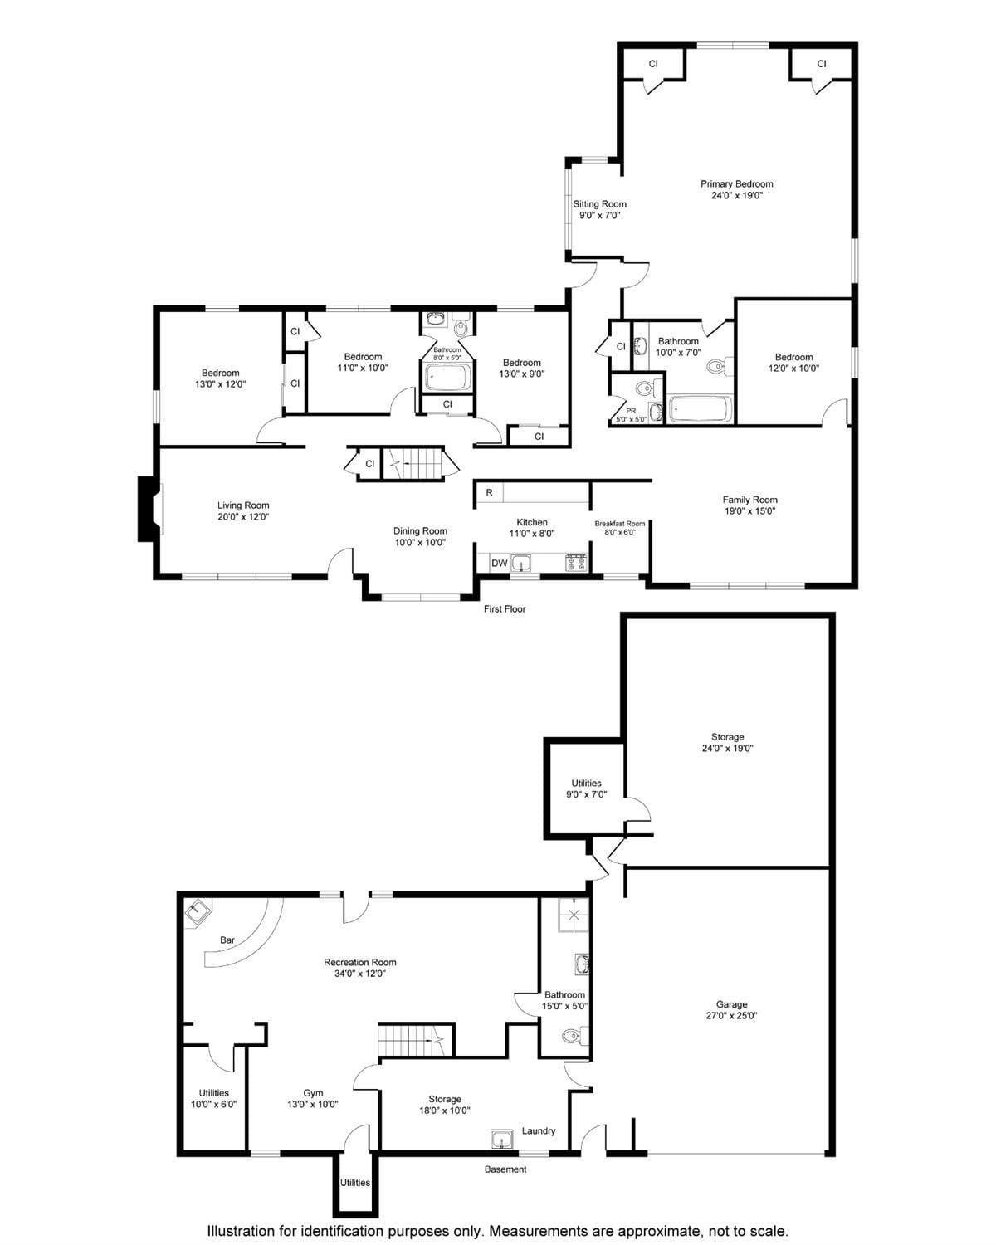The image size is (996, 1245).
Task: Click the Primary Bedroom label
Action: point(736,190)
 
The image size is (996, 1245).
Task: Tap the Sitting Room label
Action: point(599,209)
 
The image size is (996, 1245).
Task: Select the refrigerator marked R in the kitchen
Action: point(490,493)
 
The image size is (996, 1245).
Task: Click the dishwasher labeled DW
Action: point(499,564)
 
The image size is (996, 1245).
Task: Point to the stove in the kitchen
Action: point(576,563)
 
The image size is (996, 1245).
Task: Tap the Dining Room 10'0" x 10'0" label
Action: point(420,536)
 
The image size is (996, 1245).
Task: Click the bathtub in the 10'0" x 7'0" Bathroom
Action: point(701,409)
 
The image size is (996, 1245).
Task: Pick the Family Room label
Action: point(749,505)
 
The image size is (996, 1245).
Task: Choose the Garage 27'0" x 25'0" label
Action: point(731,1009)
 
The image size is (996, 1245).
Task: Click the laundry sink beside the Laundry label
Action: point(501,1139)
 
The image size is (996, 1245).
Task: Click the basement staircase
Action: point(413,1039)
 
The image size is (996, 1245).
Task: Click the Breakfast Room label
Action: point(619,527)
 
